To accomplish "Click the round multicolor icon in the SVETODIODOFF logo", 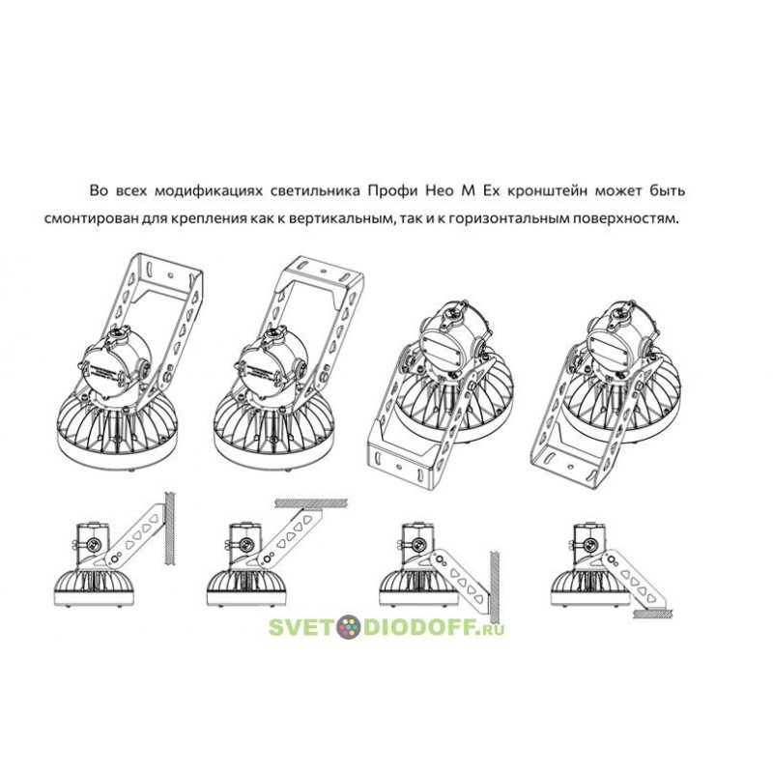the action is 349,627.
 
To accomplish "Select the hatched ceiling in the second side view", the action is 311,502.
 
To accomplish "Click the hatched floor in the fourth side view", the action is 652,614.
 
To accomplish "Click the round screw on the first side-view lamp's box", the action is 93,545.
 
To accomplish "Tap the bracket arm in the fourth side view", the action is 633,580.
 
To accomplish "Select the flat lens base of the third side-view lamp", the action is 419,597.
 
